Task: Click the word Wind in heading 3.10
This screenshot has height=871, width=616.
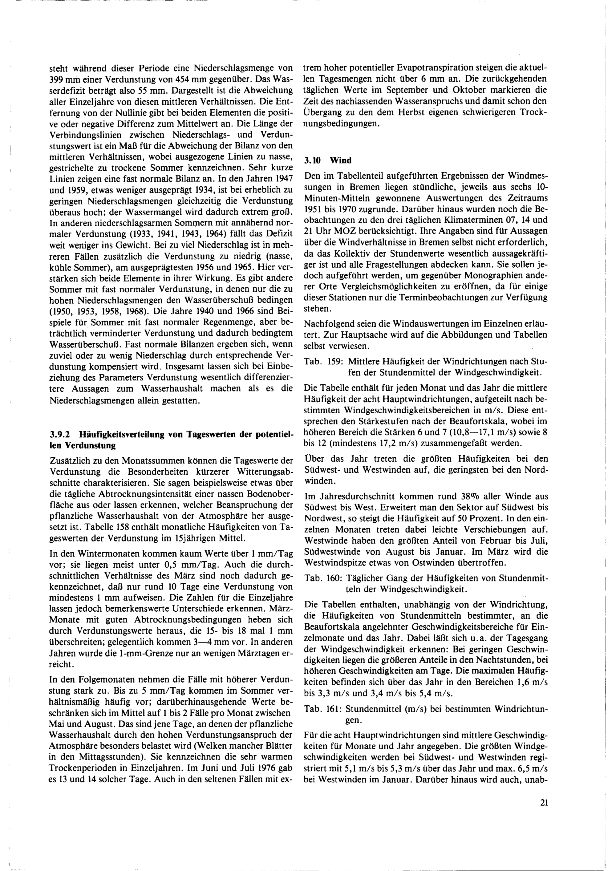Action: pos(341,160)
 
